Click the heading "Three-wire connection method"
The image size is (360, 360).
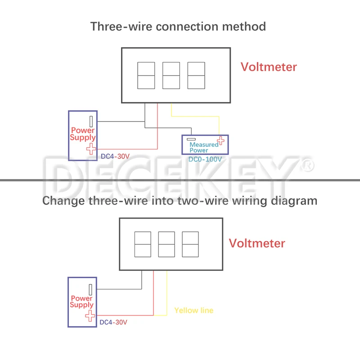coord(178,26)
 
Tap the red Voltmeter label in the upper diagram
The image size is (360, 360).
coord(269,67)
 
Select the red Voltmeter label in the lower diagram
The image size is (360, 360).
coord(257,243)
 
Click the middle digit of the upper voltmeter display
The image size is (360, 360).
coord(171,76)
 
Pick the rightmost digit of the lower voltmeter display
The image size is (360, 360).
coord(189,244)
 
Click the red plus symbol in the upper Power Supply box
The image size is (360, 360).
coord(91,149)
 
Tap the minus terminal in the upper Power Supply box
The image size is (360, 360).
coord(91,121)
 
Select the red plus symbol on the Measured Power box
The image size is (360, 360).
coord(220,141)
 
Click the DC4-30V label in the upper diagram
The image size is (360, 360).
coord(115,157)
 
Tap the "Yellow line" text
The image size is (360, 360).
coord(194,310)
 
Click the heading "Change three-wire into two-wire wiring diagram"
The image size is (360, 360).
coord(180,200)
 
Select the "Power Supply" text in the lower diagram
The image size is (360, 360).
coord(81,301)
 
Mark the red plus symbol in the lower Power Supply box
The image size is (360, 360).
coord(90,315)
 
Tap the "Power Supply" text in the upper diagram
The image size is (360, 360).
coord(83,134)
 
